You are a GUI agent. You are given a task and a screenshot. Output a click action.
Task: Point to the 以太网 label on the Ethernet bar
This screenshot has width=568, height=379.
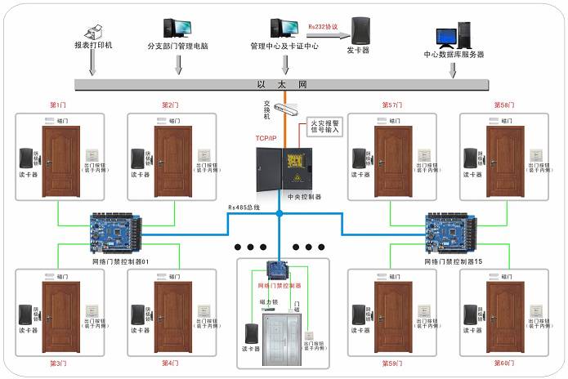281,84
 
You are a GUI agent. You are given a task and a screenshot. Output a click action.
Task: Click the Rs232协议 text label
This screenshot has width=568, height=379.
324,25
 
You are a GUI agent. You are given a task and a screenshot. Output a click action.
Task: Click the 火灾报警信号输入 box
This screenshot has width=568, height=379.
324,127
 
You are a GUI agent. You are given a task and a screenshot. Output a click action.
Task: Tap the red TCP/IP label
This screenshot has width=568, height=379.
266,139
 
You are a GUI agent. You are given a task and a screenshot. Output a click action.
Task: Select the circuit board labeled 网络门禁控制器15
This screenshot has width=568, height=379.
453,233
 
